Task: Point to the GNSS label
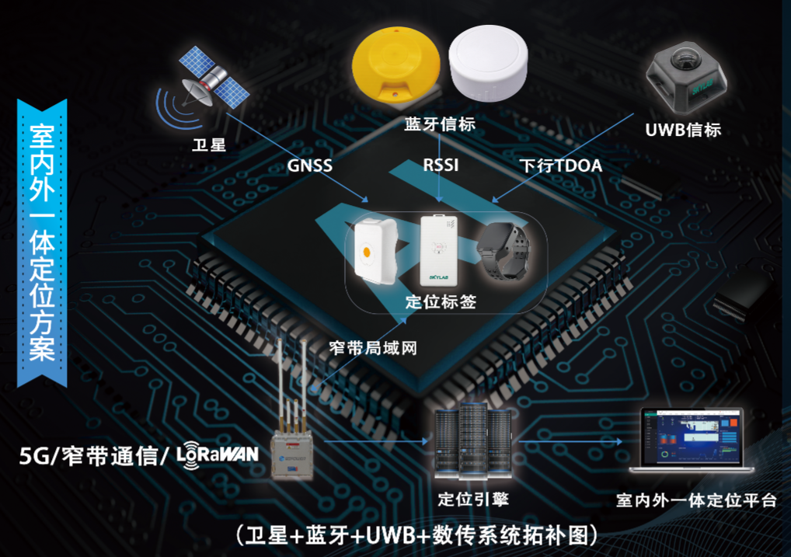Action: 309,165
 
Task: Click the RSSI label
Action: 441,165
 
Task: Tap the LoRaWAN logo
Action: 218,453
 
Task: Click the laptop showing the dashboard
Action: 691,441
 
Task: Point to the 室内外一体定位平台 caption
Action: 695,500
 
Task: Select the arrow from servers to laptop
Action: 571,440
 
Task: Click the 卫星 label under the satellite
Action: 208,144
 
